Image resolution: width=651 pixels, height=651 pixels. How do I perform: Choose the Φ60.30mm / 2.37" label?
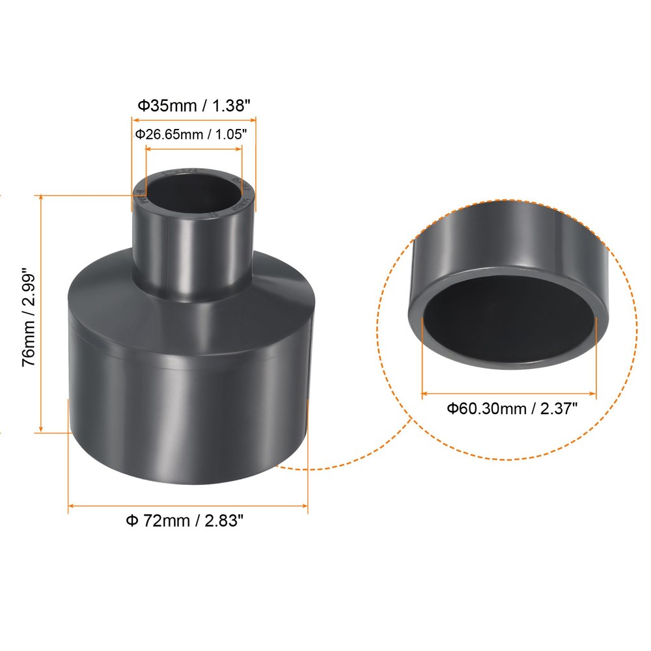coord(512,409)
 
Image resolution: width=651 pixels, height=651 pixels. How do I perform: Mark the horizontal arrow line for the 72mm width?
coord(188,505)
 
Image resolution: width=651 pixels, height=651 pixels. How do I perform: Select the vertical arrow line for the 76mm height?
coord(42,312)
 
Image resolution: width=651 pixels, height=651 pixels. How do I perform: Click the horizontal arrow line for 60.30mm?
coord(509,393)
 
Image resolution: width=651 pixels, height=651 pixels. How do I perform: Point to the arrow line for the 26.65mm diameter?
coord(194,148)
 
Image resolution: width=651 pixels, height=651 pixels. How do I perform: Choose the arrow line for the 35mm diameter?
coord(194,119)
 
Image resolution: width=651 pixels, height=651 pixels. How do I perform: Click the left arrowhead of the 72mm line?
coord(72,505)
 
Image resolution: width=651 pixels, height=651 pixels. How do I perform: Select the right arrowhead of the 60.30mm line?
coord(593,393)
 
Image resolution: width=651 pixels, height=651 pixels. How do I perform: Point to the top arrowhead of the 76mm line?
coord(42,197)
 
